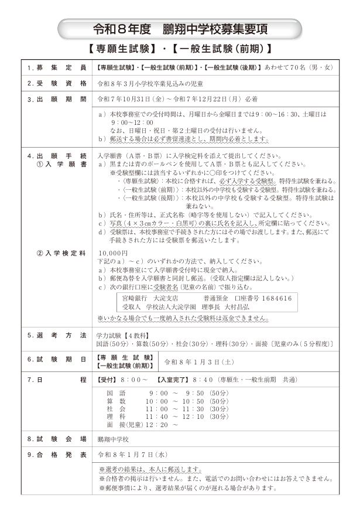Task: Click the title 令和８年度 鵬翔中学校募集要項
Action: [x=180, y=27]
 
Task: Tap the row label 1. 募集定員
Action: [x=57, y=67]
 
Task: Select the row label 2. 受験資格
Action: [x=57, y=83]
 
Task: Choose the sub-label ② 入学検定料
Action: [x=61, y=253]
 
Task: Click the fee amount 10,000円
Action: [x=113, y=253]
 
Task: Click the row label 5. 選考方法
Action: [x=57, y=335]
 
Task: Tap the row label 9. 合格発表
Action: [x=57, y=454]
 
